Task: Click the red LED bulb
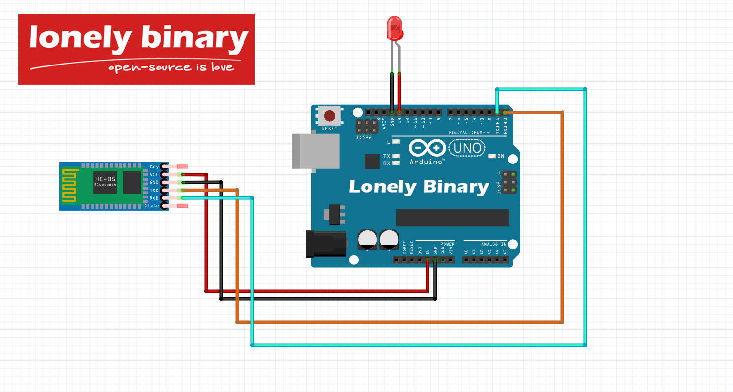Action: point(395,28)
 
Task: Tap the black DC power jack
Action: point(325,244)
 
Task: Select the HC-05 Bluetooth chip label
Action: point(105,181)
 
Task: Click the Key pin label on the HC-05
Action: point(154,167)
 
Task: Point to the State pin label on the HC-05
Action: point(152,205)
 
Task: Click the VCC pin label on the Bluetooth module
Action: point(154,175)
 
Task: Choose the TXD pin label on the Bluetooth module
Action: point(154,190)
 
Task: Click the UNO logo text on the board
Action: point(466,147)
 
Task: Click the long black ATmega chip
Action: point(452,217)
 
